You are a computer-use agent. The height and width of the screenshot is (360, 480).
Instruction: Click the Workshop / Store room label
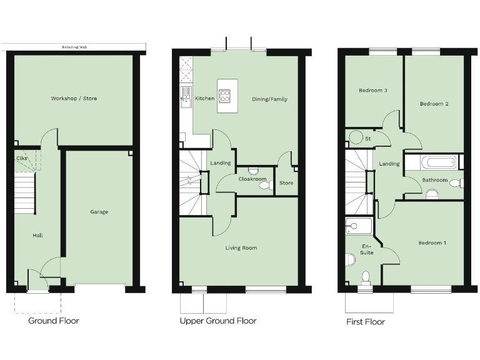pos(74,99)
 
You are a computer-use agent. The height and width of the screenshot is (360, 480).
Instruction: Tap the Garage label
pos(99,212)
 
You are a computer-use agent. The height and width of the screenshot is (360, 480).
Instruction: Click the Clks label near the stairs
pos(21,158)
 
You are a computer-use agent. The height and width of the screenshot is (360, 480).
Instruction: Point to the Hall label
pos(37,236)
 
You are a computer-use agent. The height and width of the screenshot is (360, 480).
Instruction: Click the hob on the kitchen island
pos(224,96)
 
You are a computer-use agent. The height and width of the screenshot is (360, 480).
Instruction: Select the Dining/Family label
pos(269,99)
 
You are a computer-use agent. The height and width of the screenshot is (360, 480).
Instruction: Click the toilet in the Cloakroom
pos(264,185)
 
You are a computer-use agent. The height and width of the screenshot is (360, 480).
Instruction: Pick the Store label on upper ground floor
pos(286,183)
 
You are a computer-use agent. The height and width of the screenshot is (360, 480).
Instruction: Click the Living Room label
pos(241,248)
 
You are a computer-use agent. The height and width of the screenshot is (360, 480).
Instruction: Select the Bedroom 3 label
pos(372,91)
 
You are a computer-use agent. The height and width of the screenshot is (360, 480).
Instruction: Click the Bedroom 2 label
pos(434,104)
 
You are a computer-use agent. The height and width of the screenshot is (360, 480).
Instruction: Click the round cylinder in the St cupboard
pos(356,137)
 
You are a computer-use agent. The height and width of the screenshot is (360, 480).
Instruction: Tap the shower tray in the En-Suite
pos(358,226)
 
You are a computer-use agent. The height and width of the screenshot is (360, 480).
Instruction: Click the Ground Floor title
pos(54,321)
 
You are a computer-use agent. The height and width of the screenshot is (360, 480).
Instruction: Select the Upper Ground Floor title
pos(218,321)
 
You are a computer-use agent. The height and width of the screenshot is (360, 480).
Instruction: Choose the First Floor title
pos(366,322)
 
